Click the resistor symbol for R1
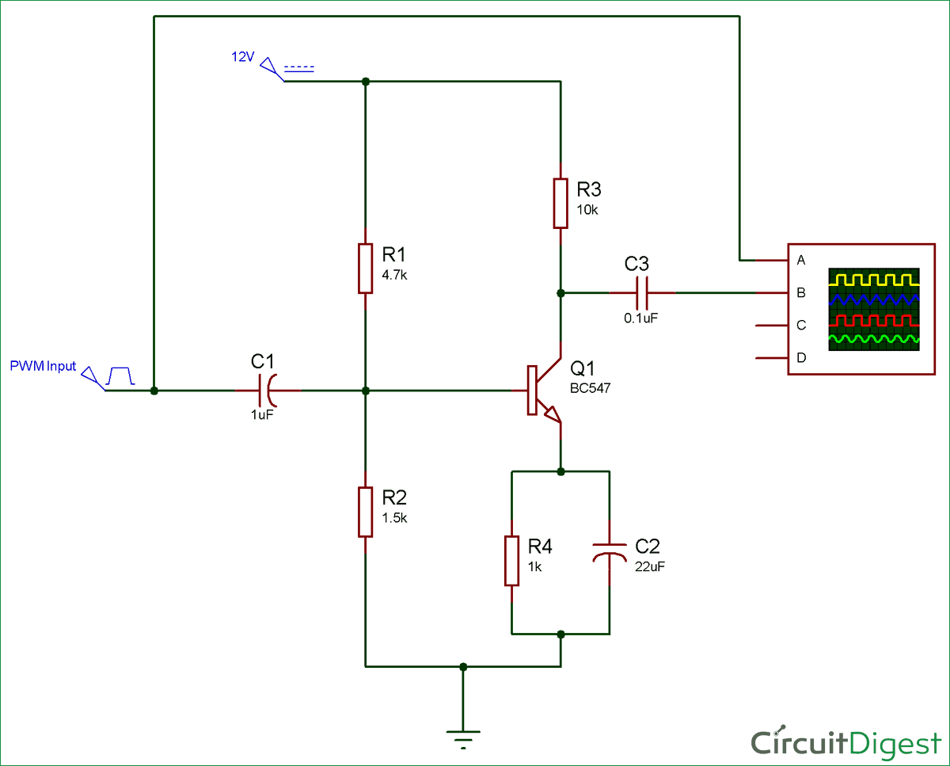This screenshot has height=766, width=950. click(364, 269)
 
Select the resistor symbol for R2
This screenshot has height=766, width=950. click(364, 512)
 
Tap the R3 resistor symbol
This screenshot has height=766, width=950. click(560, 203)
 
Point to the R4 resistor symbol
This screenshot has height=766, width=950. click(512, 560)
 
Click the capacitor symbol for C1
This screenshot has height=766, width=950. click(267, 391)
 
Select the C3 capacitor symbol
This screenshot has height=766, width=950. click(642, 293)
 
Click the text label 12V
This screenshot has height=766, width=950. click(242, 57)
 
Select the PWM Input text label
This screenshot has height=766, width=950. click(43, 366)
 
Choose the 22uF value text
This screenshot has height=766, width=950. click(649, 566)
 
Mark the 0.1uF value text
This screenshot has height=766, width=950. click(641, 317)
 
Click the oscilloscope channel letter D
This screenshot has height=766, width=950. click(801, 358)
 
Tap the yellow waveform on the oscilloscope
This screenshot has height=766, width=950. click(874, 280)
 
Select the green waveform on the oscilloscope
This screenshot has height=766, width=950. click(874, 339)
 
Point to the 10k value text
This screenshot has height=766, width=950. click(587, 209)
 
